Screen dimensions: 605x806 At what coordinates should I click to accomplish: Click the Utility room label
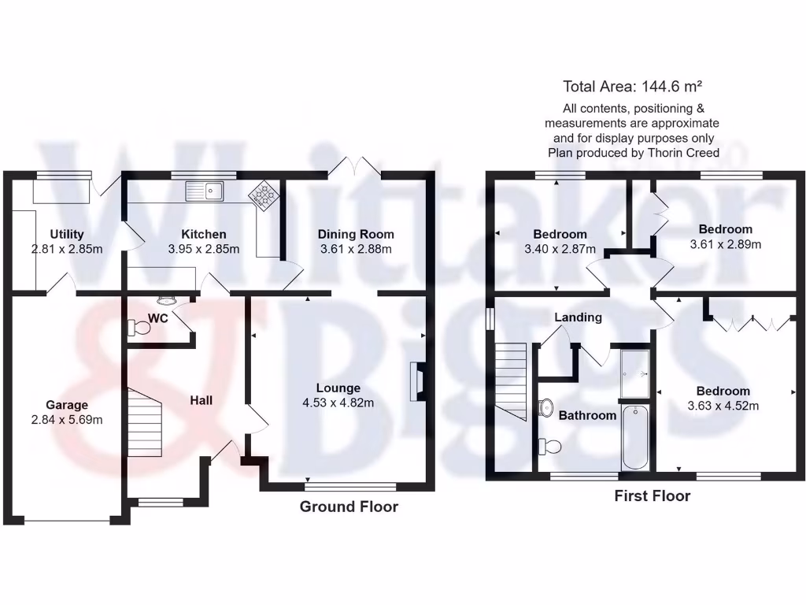(67, 234)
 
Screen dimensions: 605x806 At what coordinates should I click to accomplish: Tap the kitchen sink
(205, 190)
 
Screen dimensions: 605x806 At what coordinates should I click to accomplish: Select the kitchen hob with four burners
(264, 196)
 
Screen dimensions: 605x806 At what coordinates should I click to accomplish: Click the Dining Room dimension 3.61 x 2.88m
(356, 249)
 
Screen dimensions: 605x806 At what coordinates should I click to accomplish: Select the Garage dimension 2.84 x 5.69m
(66, 420)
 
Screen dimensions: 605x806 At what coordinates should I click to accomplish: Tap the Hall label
(201, 401)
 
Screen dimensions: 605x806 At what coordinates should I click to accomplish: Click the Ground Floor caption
(349, 507)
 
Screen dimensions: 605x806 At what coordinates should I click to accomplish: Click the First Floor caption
(652, 496)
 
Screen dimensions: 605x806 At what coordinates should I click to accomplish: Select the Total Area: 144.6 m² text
(632, 86)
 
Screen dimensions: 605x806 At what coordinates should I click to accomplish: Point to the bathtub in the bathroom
(634, 437)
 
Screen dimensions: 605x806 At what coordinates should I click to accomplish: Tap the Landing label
(578, 317)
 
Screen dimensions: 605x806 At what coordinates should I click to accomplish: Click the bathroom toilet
(550, 447)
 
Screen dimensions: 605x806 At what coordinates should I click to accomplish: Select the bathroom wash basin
(546, 407)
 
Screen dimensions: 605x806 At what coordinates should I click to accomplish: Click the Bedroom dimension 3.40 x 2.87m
(560, 249)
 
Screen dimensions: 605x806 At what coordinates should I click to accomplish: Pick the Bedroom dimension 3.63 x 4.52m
(723, 406)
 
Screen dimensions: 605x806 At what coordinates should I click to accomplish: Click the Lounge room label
(338, 388)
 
